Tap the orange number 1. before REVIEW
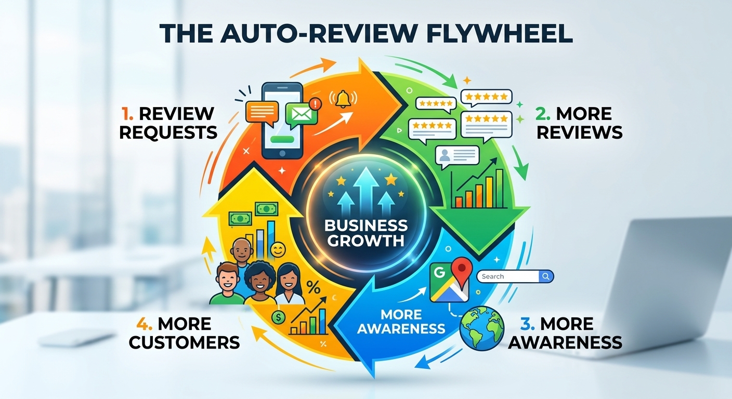click(x=127, y=114)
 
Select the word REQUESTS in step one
click(x=168, y=132)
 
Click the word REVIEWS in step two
click(x=579, y=132)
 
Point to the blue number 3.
click(x=528, y=324)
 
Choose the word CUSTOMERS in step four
click(x=185, y=342)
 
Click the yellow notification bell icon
click(x=343, y=99)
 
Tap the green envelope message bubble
click(x=301, y=114)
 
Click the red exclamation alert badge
click(x=315, y=104)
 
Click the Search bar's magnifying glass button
click(x=546, y=276)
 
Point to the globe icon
click(x=481, y=328)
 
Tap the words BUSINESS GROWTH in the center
click(x=366, y=233)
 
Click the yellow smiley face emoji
click(x=278, y=250)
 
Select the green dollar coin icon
click(x=278, y=317)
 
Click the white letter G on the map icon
click(x=440, y=272)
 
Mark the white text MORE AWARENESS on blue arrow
click(x=401, y=322)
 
